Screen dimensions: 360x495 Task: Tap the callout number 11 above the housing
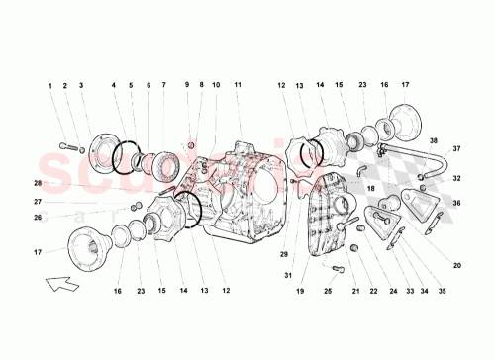(238, 86)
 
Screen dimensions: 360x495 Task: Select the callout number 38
(433, 141)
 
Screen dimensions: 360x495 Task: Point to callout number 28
(38, 184)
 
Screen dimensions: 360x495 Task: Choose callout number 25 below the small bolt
(327, 292)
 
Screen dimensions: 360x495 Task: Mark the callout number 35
(443, 292)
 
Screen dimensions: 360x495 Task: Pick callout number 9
(185, 86)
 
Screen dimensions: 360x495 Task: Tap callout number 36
(457, 204)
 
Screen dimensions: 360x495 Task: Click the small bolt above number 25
(338, 269)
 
